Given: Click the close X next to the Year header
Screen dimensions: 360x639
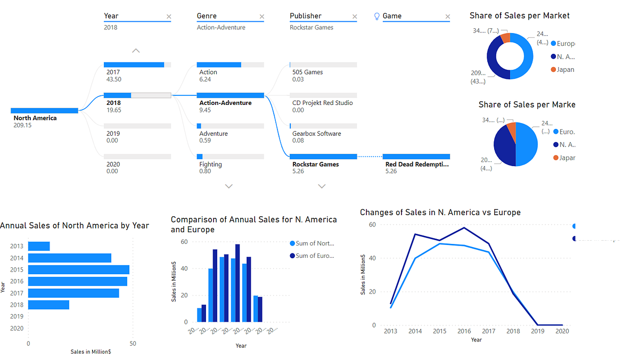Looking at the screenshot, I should (169, 17).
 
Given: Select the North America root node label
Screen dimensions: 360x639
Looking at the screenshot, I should (35, 118).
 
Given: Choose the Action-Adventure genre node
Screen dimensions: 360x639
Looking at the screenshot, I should (225, 103).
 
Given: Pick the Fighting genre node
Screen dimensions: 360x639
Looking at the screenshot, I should (210, 164).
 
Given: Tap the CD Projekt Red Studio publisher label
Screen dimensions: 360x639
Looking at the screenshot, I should (322, 103).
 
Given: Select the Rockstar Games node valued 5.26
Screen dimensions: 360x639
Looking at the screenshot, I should (316, 164).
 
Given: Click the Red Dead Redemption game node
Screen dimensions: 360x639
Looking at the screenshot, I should (417, 164).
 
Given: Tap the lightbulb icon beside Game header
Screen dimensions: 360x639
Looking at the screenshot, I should (377, 16).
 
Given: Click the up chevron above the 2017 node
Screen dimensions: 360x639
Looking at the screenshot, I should (136, 51).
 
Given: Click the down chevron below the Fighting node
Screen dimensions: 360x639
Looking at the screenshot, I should (229, 186).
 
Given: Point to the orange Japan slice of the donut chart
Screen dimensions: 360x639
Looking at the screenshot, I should (505, 37).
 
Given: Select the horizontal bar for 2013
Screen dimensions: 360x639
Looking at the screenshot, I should (39, 246).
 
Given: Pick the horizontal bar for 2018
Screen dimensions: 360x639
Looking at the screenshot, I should (48, 305).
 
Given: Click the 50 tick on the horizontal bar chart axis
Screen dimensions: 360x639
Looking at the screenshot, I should (133, 343).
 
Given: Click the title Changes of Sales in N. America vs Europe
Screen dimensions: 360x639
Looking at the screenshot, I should (440, 212).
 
